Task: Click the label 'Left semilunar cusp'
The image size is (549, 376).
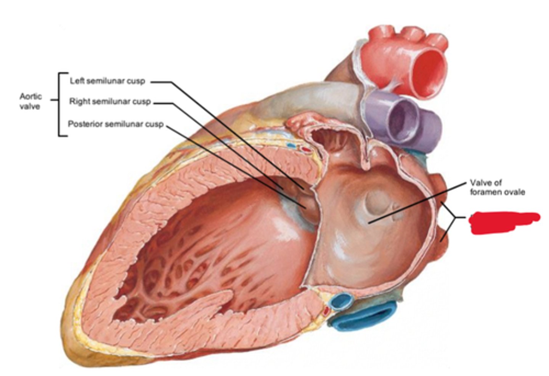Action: tap(107, 81)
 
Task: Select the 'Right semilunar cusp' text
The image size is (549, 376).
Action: tap(110, 102)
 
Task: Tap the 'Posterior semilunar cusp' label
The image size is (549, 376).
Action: tap(116, 124)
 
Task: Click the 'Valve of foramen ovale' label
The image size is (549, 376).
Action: tap(497, 187)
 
